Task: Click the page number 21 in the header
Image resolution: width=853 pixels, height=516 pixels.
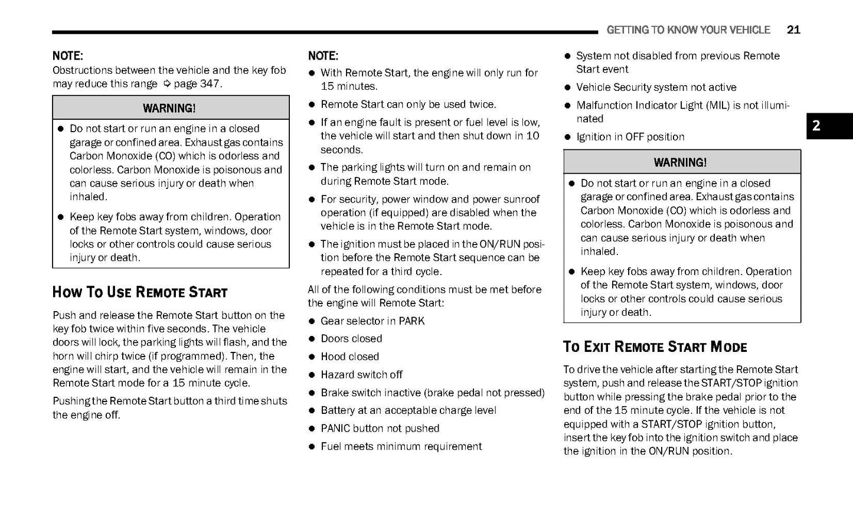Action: tap(793, 30)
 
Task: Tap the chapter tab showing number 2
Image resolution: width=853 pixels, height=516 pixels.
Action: tap(829, 126)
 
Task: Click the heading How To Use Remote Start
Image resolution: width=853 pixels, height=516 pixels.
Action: tap(140, 292)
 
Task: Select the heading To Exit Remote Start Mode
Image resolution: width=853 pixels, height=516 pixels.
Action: tap(655, 347)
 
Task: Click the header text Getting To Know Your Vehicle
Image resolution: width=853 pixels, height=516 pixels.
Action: tap(688, 30)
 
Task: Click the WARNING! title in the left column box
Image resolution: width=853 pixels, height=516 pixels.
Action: tap(169, 108)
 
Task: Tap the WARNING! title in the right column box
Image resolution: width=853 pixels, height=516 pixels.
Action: tap(680, 162)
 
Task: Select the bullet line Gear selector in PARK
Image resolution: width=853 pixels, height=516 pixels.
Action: tap(372, 321)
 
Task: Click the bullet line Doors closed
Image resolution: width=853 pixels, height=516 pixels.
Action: tap(351, 339)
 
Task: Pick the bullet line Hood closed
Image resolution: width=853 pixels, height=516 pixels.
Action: tap(349, 357)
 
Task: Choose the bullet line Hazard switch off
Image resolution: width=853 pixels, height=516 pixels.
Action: tap(361, 375)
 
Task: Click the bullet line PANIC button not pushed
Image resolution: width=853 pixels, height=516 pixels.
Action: tap(380, 429)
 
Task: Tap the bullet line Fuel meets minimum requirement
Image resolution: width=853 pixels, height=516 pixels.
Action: tap(401, 446)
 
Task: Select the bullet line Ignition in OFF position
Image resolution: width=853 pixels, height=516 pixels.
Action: tap(630, 137)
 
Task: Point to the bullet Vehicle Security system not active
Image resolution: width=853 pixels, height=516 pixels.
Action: tap(656, 87)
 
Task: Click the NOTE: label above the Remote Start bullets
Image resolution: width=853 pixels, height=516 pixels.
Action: tap(323, 56)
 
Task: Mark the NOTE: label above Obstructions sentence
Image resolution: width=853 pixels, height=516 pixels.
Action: tap(67, 56)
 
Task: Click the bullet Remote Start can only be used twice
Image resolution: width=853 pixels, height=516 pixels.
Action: tap(408, 104)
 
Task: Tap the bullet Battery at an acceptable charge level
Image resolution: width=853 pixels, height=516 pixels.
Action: tap(408, 410)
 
